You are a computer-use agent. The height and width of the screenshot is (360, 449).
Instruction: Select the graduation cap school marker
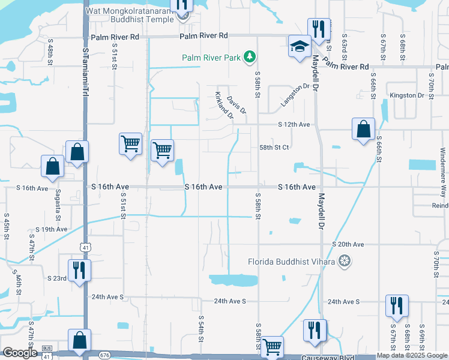(299, 47)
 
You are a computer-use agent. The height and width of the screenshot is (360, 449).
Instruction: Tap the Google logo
(20, 353)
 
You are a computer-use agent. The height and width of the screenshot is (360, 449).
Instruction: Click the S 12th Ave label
(294, 124)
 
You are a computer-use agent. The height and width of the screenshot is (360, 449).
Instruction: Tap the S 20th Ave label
(348, 244)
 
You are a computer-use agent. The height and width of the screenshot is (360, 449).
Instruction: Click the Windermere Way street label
(443, 169)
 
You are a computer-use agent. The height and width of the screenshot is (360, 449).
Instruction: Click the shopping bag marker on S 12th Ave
(363, 129)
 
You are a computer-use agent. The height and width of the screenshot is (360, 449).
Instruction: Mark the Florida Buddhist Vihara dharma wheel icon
(345, 261)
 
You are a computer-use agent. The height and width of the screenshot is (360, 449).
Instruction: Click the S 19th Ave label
(52, 229)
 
